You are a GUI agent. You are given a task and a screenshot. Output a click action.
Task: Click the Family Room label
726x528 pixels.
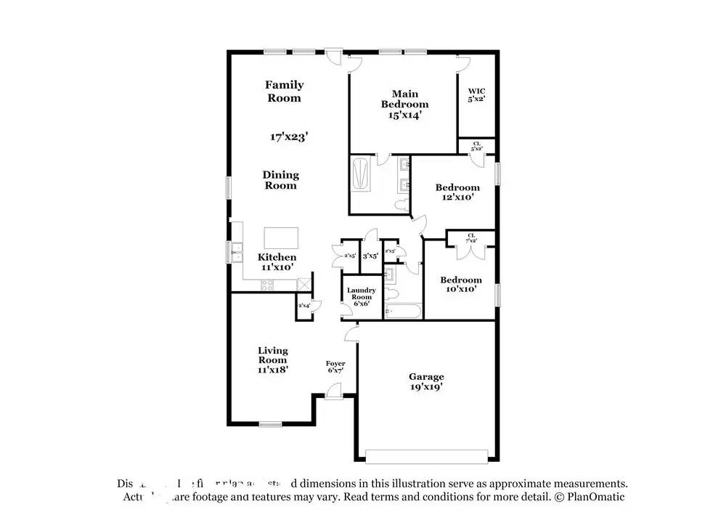(284, 92)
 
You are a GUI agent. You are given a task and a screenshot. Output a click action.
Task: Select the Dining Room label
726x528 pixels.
(280, 180)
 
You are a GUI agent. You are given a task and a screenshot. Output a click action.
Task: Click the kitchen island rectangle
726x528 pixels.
(281, 237)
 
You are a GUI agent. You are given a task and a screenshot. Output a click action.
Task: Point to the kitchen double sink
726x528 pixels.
(237, 251)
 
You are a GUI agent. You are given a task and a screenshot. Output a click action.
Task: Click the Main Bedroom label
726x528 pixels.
(404, 104)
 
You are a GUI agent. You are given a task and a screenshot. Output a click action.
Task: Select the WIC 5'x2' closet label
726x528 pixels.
(476, 94)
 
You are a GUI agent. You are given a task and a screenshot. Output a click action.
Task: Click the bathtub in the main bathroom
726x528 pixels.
(361, 175)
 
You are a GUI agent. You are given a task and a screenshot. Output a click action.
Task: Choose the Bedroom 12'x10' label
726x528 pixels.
(457, 192)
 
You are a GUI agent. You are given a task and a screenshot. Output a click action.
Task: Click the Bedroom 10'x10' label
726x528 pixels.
(461, 284)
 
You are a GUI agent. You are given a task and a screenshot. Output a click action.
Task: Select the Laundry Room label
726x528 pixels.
(361, 296)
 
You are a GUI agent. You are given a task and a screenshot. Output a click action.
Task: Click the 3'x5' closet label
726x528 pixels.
(371, 256)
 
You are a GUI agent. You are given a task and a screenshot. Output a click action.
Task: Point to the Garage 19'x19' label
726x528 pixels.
(426, 381)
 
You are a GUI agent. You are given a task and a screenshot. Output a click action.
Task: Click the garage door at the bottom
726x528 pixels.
(426, 456)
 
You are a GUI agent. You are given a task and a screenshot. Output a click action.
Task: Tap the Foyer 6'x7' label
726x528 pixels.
(335, 367)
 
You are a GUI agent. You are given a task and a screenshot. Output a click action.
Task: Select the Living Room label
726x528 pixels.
(273, 360)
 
